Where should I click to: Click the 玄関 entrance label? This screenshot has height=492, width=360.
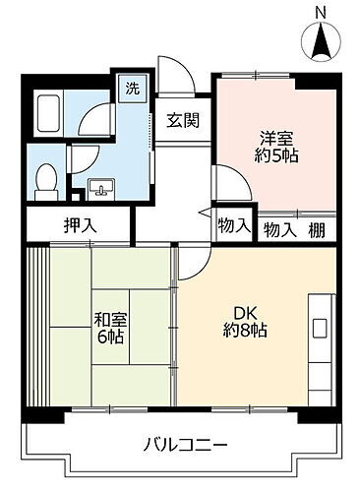tap(183, 121)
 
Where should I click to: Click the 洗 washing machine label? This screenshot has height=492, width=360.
tap(132, 87)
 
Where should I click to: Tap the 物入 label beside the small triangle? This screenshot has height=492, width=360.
tap(234, 224)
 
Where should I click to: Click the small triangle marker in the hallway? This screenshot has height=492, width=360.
tap(205, 213)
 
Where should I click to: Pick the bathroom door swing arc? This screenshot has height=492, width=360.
tap(93, 123)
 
